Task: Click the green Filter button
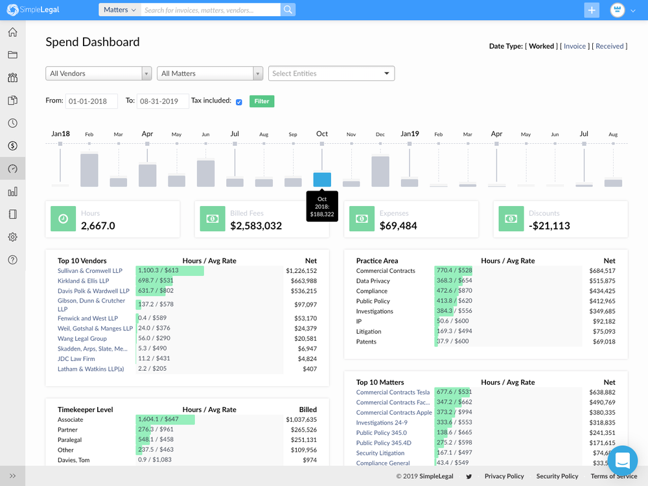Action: pyautogui.click(x=262, y=101)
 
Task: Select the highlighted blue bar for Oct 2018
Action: pyautogui.click(x=322, y=179)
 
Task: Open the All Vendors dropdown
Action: pyautogui.click(x=98, y=73)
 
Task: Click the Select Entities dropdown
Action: pyautogui.click(x=331, y=73)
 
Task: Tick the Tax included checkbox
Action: pyautogui.click(x=239, y=102)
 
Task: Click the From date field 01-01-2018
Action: pyautogui.click(x=91, y=101)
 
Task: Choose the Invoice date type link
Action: pyautogui.click(x=575, y=46)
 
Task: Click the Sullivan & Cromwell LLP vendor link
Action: pyautogui.click(x=89, y=271)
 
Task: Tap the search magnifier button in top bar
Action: pyautogui.click(x=288, y=10)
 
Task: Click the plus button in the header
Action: pyautogui.click(x=592, y=10)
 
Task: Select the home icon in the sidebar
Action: pyautogui.click(x=12, y=32)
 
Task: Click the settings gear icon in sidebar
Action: pyautogui.click(x=12, y=237)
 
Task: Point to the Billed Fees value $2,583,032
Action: pyautogui.click(x=256, y=226)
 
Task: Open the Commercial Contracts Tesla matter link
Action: pyautogui.click(x=393, y=392)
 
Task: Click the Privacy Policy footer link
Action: pyautogui.click(x=504, y=476)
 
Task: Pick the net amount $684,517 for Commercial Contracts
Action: pyautogui.click(x=602, y=271)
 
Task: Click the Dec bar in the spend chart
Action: pyautogui.click(x=380, y=171)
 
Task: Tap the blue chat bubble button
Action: pyautogui.click(x=622, y=461)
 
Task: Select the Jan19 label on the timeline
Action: pyautogui.click(x=410, y=133)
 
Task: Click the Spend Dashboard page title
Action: pyautogui.click(x=93, y=42)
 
